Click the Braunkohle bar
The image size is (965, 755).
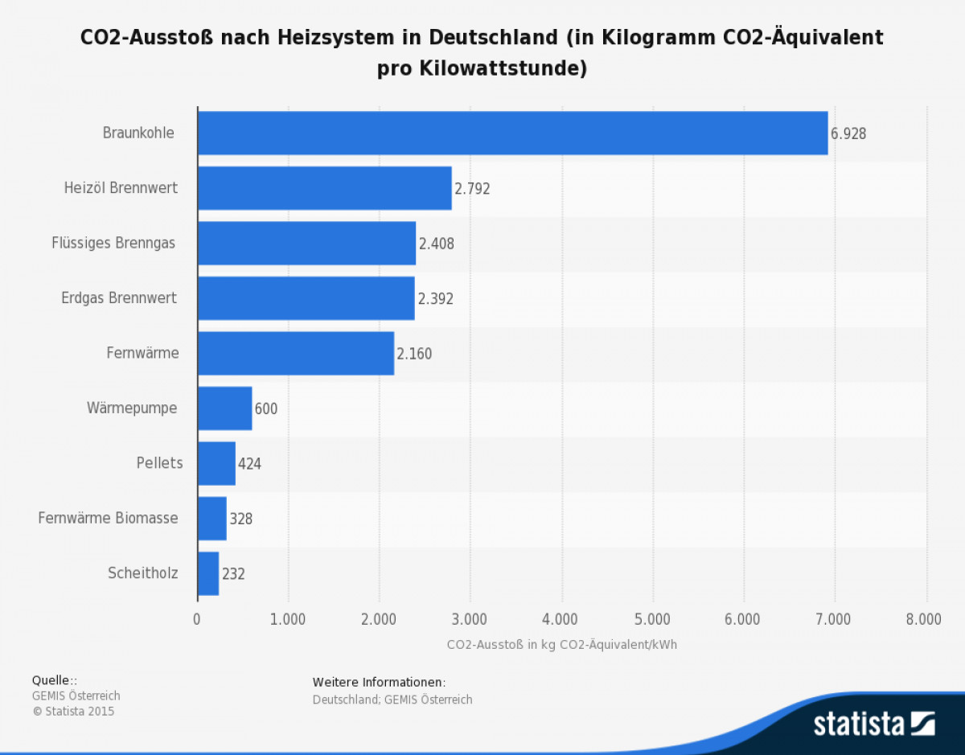pyautogui.click(x=512, y=133)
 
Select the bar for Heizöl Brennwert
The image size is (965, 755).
pyautogui.click(x=324, y=188)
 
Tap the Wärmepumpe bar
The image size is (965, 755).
pyautogui.click(x=224, y=408)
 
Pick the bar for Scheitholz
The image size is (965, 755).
pyautogui.click(x=208, y=573)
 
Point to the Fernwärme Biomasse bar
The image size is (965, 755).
pyautogui.click(x=212, y=519)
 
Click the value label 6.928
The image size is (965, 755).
pyautogui.click(x=848, y=134)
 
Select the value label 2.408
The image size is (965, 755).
pyautogui.click(x=437, y=244)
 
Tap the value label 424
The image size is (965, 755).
pyautogui.click(x=249, y=464)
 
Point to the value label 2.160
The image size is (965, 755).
pyautogui.click(x=414, y=354)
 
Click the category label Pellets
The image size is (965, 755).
pyautogui.click(x=159, y=463)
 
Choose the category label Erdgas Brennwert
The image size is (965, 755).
pyautogui.click(x=119, y=298)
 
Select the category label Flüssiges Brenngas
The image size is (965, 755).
pyautogui.click(x=113, y=244)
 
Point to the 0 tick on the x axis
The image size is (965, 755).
pyautogui.click(x=197, y=619)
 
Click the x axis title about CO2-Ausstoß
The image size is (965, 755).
pyautogui.click(x=562, y=645)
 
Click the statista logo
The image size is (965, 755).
pyautogui.click(x=873, y=723)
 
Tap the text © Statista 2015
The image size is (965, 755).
pyautogui.click(x=73, y=712)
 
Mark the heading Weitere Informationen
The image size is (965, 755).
pyautogui.click(x=379, y=683)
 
